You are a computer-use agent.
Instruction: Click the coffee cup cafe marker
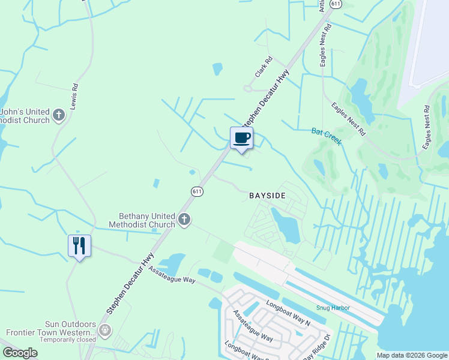pyautogui.click(x=241, y=138)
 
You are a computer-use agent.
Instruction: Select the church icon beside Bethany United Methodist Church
pyautogui.click(x=184, y=220)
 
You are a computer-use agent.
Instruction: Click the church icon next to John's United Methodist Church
pyautogui.click(x=59, y=115)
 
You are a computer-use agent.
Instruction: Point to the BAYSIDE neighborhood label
pyautogui.click(x=267, y=196)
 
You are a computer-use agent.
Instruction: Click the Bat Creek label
pyautogui.click(x=326, y=136)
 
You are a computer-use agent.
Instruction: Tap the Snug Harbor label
pyautogui.click(x=333, y=308)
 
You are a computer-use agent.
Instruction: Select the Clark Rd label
pyautogui.click(x=264, y=67)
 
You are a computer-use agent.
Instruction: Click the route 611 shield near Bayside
pyautogui.click(x=197, y=191)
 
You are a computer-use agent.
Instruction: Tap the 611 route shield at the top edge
pyautogui.click(x=336, y=4)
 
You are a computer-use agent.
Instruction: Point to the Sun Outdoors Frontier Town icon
pyautogui.click(x=105, y=330)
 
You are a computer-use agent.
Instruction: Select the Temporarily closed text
pyautogui.click(x=67, y=340)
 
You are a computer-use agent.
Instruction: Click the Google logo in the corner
pyautogui.click(x=20, y=353)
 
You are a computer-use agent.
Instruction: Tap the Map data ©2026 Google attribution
pyautogui.click(x=412, y=355)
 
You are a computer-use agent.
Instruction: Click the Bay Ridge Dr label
pyautogui.click(x=318, y=347)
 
